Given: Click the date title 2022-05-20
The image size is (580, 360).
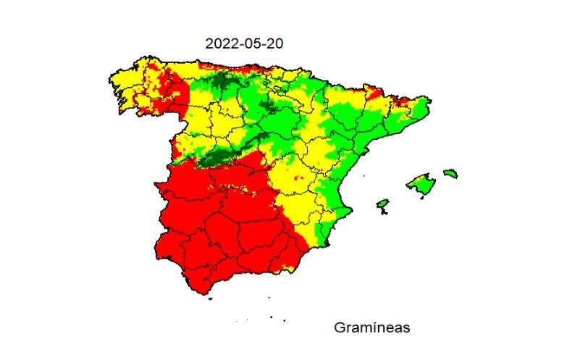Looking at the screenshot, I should coord(244,43).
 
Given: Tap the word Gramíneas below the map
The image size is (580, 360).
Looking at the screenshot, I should coord(371,327).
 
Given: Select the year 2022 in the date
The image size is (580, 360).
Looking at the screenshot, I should coord(219,43).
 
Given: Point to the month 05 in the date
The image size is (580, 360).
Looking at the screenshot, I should coord(248,43).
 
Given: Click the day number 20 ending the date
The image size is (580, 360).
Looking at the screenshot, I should coord(274,43).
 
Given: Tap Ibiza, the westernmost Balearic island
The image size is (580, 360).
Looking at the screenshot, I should coord(382,206).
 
